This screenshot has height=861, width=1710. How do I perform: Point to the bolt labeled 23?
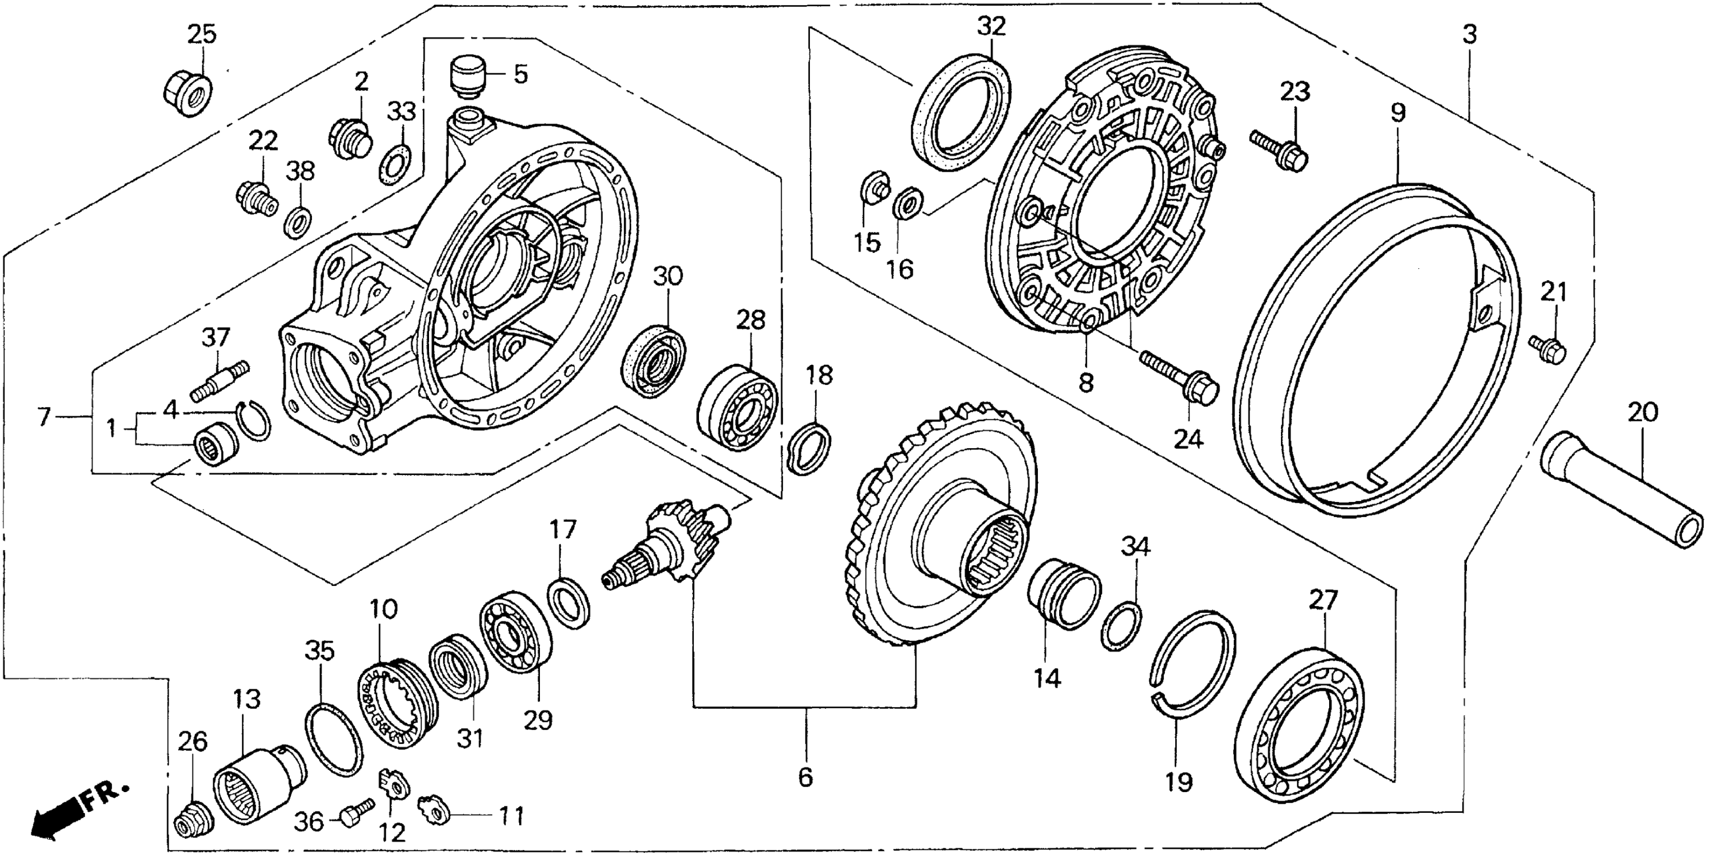1278,150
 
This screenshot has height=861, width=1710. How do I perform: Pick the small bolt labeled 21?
1547,348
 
